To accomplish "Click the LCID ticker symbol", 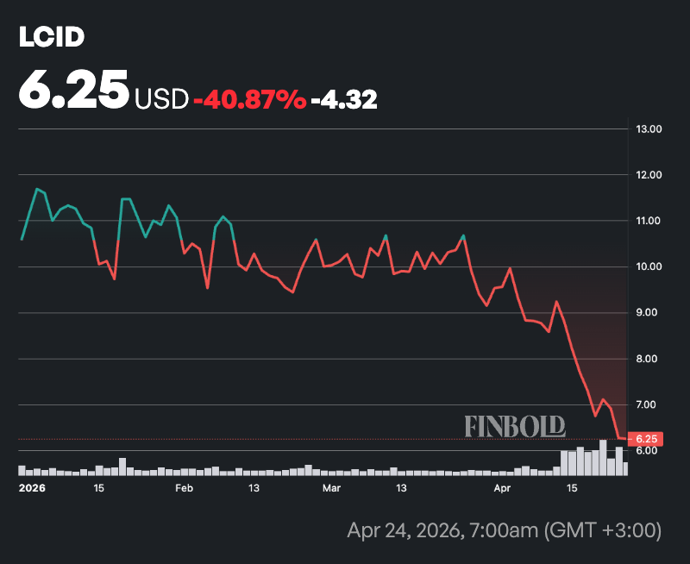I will (x=52, y=37).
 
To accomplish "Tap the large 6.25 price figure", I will (x=74, y=91).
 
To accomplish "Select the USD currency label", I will (x=160, y=99).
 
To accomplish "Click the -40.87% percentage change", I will (x=250, y=99).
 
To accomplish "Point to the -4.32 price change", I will (x=343, y=99).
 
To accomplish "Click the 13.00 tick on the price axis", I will (x=649, y=129).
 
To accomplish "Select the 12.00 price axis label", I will (x=649, y=175).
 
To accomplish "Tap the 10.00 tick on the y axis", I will (x=649, y=266).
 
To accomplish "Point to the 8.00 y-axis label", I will (x=649, y=359).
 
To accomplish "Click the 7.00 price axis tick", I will (x=649, y=404).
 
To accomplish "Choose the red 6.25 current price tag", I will (x=645, y=439).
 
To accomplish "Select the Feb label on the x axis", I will (x=184, y=487).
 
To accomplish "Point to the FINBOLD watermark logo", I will (x=515, y=425).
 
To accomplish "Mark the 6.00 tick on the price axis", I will (x=649, y=451).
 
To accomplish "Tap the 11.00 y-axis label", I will (x=649, y=221).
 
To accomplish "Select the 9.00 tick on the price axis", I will (x=649, y=313).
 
